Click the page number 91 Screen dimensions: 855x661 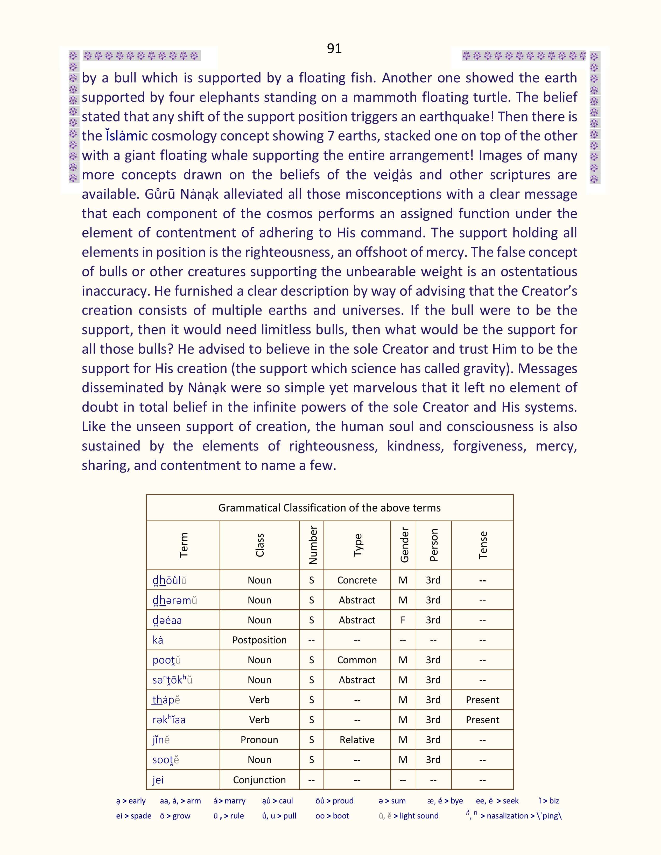[334, 48]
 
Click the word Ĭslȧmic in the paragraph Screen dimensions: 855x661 [126, 136]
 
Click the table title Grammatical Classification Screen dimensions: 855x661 [329, 508]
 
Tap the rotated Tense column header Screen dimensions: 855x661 [483, 545]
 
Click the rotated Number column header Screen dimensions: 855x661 [313, 545]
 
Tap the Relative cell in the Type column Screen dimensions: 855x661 [357, 740]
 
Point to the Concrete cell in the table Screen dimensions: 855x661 [357, 580]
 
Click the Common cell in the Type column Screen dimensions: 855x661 [357, 660]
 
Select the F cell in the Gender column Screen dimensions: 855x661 [403, 620]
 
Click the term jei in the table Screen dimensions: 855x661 [158, 780]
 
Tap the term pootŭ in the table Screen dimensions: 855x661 [166, 660]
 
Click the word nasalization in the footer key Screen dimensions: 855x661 [507, 816]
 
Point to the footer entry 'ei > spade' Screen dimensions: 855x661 [133, 816]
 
